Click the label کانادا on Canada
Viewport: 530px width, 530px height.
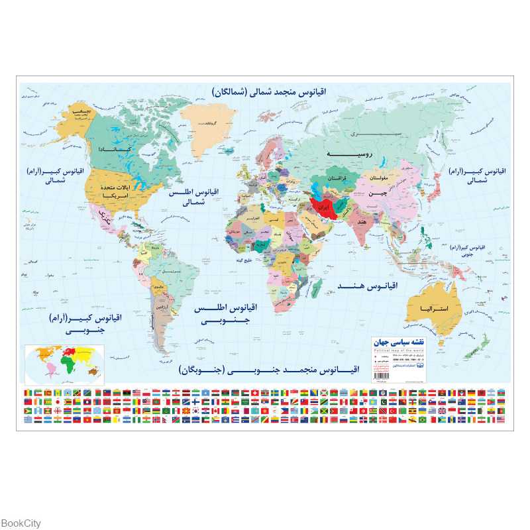tap(109, 150)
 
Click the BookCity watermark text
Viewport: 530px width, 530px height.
tap(21, 523)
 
